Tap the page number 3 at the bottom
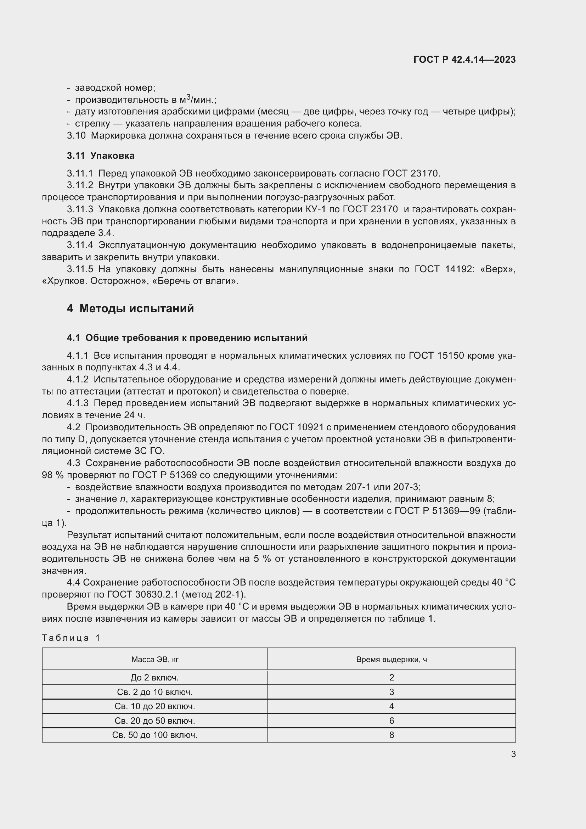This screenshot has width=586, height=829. click(x=513, y=754)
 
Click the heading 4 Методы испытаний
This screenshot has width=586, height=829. click(x=130, y=308)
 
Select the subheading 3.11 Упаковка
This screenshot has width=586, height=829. click(x=101, y=156)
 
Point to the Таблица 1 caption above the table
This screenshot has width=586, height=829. click(x=71, y=638)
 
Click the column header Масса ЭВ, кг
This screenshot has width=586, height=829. click(x=155, y=659)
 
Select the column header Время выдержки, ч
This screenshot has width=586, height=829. click(x=391, y=659)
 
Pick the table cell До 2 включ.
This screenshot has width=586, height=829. click(x=155, y=678)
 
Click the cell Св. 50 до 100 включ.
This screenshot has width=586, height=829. click(x=155, y=735)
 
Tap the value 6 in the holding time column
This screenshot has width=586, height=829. click(x=391, y=721)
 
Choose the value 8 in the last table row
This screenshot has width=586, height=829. click(x=391, y=735)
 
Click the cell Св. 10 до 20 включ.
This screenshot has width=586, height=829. click(x=155, y=706)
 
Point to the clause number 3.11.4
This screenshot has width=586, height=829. click(x=80, y=245)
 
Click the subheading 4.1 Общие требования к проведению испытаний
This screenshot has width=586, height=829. click(x=187, y=338)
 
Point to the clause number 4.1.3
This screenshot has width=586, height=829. click(x=78, y=403)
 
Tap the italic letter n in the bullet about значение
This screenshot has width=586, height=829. click(x=123, y=499)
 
